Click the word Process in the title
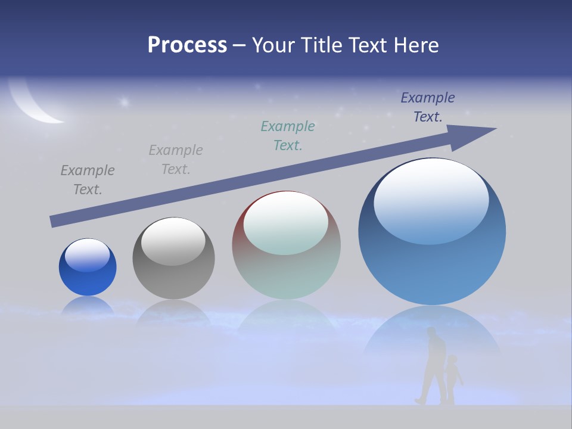click(187, 45)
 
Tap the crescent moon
click(36, 107)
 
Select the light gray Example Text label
click(176, 160)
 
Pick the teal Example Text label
click(288, 135)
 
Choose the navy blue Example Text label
click(427, 107)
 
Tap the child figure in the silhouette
click(453, 378)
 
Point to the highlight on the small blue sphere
click(87, 255)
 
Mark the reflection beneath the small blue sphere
click(88, 305)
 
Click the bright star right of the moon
click(125, 102)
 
